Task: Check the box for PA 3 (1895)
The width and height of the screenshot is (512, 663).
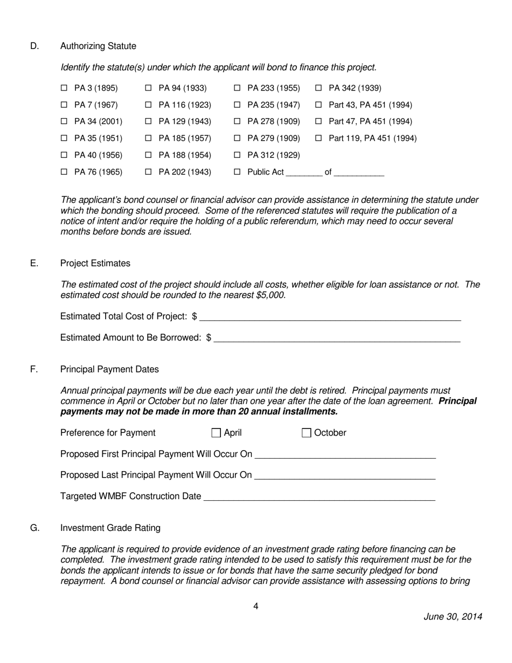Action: tap(64, 88)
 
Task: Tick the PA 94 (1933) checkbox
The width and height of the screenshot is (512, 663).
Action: tap(148, 88)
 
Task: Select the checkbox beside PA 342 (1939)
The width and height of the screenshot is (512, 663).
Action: tap(318, 88)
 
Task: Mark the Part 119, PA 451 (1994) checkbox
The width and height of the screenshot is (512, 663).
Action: tap(318, 138)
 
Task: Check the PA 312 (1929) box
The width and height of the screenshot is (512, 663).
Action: tap(237, 155)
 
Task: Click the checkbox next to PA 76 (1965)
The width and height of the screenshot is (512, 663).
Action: tap(64, 172)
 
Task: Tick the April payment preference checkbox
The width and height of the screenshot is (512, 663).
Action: tap(216, 433)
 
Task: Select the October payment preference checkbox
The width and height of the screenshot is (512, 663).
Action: tap(306, 433)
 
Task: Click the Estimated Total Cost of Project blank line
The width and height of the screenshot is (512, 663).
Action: tap(330, 316)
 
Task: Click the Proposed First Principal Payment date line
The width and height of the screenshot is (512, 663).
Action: tap(345, 454)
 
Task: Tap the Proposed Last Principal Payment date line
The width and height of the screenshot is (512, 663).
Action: tap(345, 475)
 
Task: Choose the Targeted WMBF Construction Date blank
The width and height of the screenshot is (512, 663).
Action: tap(319, 496)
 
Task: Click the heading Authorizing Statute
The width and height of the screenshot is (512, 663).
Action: tap(98, 46)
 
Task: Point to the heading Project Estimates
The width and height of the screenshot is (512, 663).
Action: tap(95, 263)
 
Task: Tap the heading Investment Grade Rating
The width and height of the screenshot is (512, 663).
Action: tap(110, 528)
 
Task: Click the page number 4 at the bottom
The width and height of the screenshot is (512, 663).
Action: tap(256, 606)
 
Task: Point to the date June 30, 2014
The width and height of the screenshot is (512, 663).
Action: tap(453, 617)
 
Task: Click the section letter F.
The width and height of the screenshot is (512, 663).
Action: tap(34, 369)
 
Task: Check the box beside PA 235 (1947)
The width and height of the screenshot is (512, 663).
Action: tap(237, 105)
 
